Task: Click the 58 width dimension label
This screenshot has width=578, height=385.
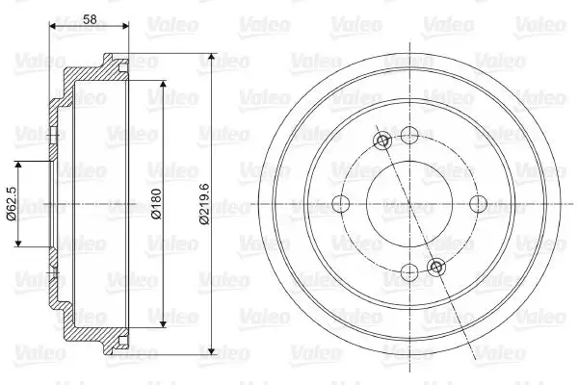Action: (90, 19)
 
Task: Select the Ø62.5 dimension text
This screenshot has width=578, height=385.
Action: (12, 203)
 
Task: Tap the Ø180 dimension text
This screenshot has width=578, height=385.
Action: (156, 204)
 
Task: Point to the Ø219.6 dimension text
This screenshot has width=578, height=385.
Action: (204, 204)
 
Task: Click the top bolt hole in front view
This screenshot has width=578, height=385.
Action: (409, 135)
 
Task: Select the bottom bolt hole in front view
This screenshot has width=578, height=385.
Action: (409, 272)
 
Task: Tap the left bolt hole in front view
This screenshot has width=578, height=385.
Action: (341, 203)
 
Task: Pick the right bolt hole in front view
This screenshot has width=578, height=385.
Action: (479, 203)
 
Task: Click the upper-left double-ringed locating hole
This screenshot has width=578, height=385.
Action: (382, 140)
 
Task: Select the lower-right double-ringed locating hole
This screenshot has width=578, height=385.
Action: (436, 267)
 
